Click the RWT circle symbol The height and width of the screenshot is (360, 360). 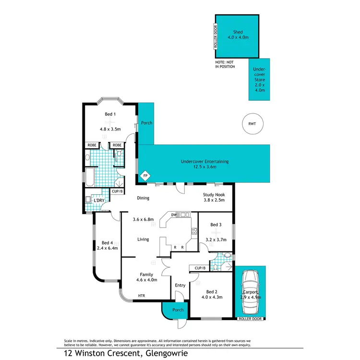point(252,123)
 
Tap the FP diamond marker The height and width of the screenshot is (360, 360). point(145,177)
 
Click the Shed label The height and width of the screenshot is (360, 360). point(238,32)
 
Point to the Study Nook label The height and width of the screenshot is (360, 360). point(214,194)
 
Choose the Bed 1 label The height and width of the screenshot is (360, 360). point(110,114)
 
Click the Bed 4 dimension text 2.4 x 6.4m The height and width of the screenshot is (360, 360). point(107,248)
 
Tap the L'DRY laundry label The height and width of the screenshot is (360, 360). point(99,200)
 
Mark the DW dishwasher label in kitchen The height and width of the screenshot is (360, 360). point(173,215)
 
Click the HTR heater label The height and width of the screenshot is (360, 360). point(141,295)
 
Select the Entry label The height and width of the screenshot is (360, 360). point(180,285)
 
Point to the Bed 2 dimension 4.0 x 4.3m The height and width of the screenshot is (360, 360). point(212,298)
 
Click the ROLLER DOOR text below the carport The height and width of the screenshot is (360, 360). point(250,319)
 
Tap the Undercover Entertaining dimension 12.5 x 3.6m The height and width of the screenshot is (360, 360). point(204,167)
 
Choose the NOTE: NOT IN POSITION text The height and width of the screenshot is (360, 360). point(225,64)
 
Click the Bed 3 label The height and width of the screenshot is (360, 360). point(216,224)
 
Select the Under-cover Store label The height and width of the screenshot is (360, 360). point(259,79)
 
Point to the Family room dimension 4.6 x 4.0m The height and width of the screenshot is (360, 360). point(146,281)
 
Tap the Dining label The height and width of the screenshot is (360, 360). point(143,198)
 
